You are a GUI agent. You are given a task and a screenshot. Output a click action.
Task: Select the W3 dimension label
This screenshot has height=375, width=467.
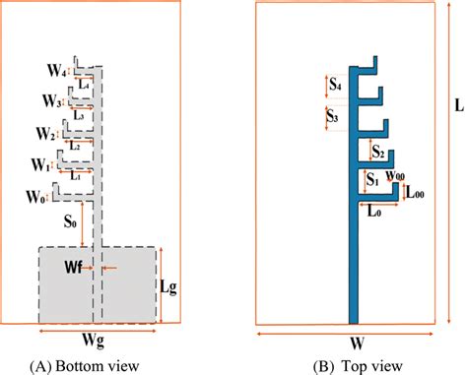(52, 101)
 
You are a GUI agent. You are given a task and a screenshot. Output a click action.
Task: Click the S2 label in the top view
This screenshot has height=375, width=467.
(377, 152)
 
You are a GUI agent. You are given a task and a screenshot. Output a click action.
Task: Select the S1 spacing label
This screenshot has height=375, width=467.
(371, 180)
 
